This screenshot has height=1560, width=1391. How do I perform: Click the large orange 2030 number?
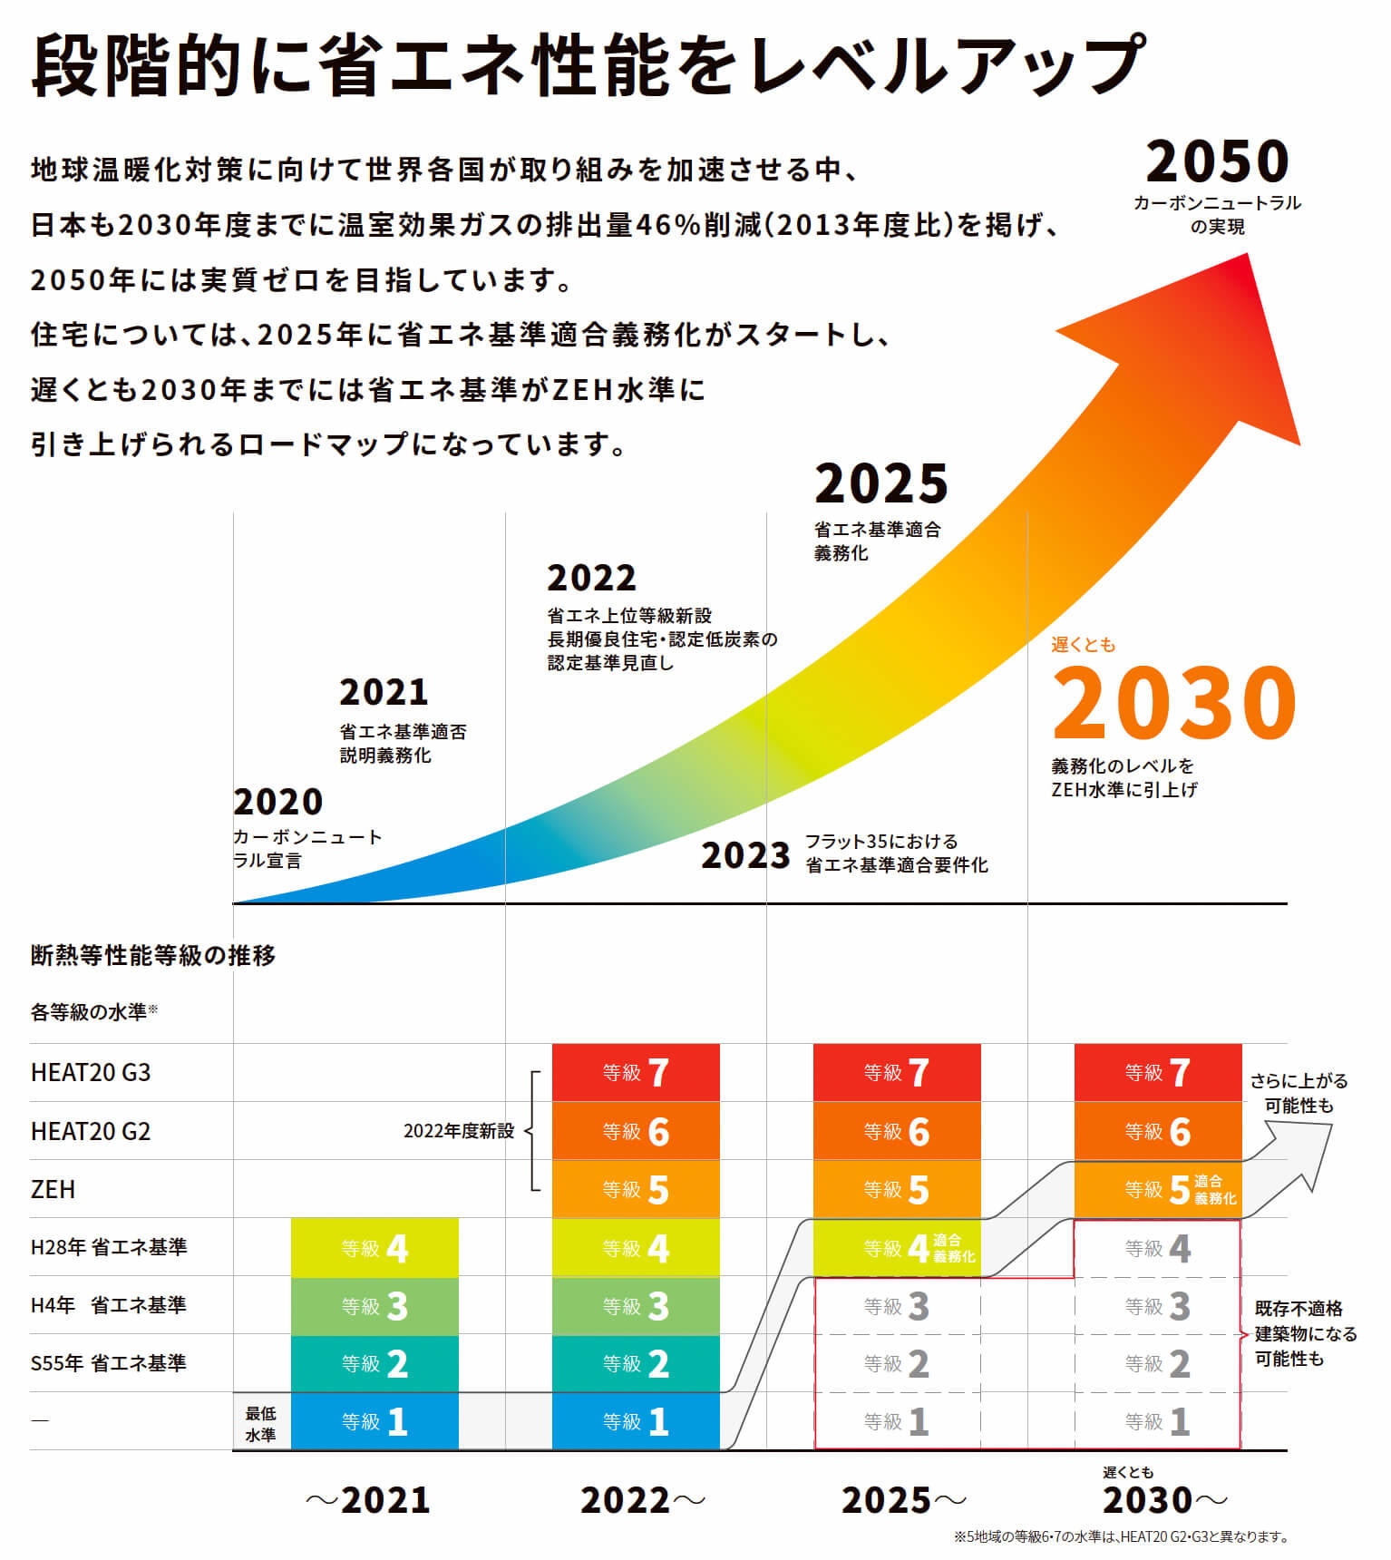1173,703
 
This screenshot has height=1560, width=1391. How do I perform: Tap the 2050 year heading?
1217,162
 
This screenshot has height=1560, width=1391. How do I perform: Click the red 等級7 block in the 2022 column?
636,1073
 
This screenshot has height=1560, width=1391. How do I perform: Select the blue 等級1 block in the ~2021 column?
374,1421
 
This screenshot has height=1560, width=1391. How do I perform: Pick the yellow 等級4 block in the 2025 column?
897,1248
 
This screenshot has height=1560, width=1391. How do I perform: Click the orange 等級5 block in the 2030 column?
1158,1189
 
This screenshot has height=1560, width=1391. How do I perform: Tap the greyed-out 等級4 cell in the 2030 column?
1158,1248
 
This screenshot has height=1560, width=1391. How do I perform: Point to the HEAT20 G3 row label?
91,1073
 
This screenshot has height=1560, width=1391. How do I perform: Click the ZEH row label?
53,1189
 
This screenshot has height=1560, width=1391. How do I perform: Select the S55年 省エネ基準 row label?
108,1363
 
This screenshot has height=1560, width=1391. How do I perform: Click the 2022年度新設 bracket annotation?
459,1131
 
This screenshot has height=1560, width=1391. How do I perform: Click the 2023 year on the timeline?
745,855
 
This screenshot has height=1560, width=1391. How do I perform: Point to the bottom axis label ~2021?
368,1500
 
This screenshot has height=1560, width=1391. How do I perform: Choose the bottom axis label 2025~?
903,1500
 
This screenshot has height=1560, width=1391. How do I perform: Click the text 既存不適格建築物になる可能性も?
1304,1333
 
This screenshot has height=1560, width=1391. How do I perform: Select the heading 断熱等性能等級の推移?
153,955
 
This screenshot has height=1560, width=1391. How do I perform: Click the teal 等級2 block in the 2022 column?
636,1363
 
